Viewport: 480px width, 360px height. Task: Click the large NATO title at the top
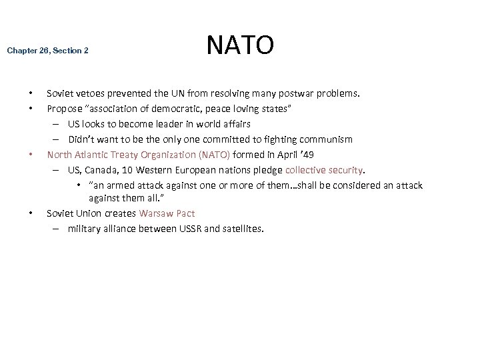pyautogui.click(x=240, y=45)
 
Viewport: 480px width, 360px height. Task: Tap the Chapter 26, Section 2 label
pyautogui.click(x=47, y=50)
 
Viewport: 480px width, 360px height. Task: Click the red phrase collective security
pyautogui.click(x=324, y=170)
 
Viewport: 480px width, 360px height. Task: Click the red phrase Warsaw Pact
pyautogui.click(x=167, y=213)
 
